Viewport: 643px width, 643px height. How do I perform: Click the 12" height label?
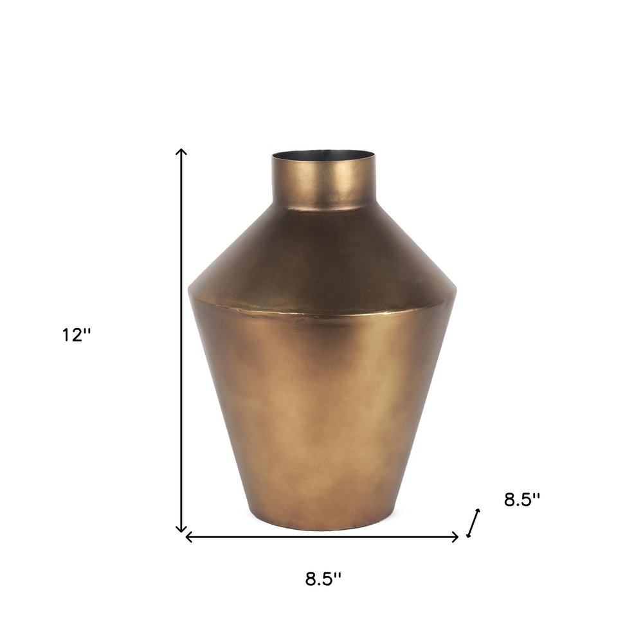tap(77, 335)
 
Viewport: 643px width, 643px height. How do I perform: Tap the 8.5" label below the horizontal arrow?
tap(323, 579)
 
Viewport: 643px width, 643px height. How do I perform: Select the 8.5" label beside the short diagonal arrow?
tap(521, 500)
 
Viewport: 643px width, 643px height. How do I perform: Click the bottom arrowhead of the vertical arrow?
tap(182, 530)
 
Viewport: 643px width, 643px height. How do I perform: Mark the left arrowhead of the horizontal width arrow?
tap(187, 536)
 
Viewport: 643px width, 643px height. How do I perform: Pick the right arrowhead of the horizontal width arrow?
tap(457, 536)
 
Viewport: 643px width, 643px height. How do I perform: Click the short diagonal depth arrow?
tap(473, 523)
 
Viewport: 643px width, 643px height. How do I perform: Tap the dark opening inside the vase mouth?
tap(323, 156)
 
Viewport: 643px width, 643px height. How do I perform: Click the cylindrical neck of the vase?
tap(323, 183)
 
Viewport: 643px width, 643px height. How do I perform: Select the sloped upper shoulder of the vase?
tap(323, 257)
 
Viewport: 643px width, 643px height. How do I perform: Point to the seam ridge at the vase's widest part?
tap(323, 313)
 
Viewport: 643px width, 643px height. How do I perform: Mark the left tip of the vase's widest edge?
tap(189, 294)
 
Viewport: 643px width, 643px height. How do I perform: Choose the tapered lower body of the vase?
tap(323, 412)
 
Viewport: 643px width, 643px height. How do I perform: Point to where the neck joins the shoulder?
tap(323, 209)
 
